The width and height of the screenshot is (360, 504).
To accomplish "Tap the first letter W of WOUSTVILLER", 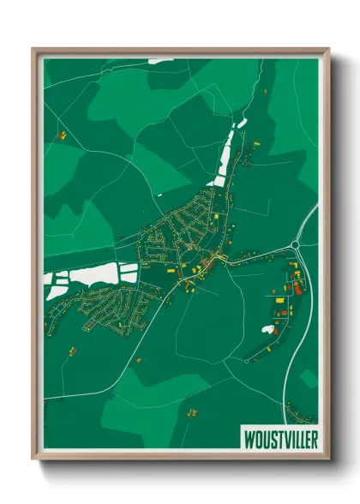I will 247,435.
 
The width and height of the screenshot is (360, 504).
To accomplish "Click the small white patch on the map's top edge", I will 160,60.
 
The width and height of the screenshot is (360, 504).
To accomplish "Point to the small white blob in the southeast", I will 269,329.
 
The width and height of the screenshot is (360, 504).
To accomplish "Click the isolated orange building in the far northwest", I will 61,135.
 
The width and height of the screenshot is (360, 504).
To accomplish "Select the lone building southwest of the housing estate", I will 72,350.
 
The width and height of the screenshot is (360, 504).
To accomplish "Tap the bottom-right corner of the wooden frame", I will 329,460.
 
